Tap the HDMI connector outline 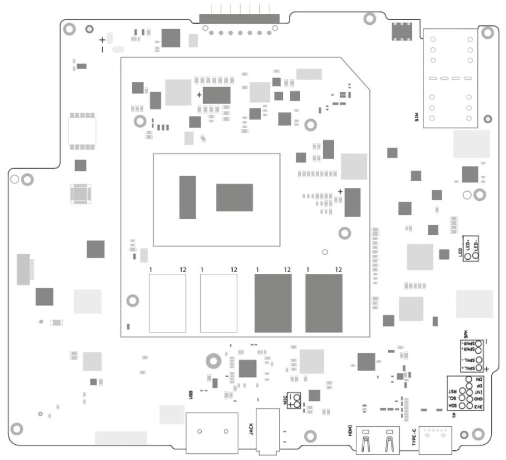point(376,440)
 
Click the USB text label point(191,394)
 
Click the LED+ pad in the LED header point(468,256)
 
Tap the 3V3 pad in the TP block point(469,406)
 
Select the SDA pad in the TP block point(462,406)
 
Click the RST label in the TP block point(453,391)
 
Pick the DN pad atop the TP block point(469,379)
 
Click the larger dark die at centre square point(234,197)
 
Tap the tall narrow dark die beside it point(187,197)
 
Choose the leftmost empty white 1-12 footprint point(167,303)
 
